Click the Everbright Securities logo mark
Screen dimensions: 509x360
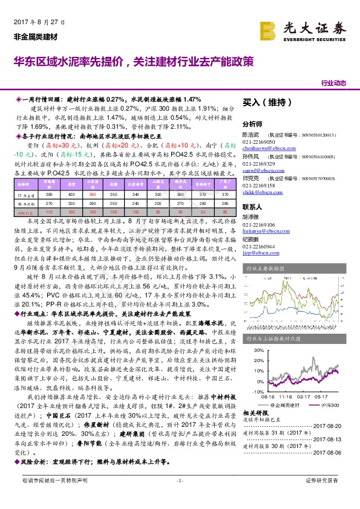coord(269,28)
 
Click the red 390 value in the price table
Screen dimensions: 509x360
coord(93,195)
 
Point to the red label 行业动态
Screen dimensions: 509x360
coord(333,83)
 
